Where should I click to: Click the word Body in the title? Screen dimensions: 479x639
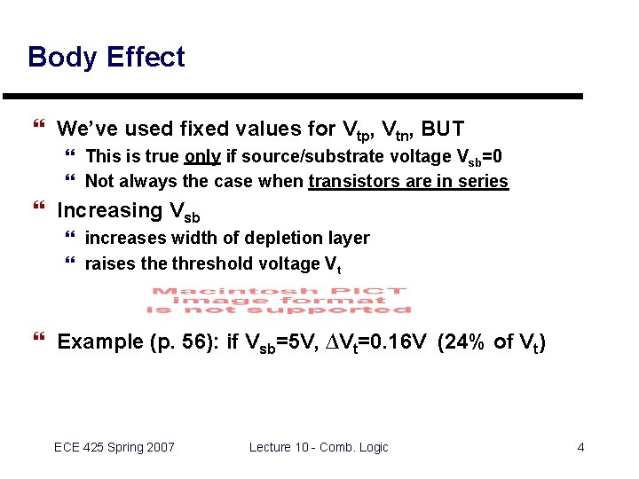[x=62, y=58]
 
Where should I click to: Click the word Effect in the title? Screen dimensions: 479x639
[x=146, y=58]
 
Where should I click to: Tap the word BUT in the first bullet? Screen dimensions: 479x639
[x=443, y=129]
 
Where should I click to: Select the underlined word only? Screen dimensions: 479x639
[x=202, y=157]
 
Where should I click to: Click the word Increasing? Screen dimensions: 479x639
[x=109, y=211]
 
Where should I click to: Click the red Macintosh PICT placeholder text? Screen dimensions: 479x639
[x=279, y=300]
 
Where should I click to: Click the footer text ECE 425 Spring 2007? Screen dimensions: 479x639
[x=114, y=447]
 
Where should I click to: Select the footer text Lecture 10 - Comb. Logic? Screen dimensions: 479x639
[x=319, y=447]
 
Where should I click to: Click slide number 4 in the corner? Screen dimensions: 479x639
[x=580, y=447]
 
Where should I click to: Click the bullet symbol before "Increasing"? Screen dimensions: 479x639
[x=37, y=210]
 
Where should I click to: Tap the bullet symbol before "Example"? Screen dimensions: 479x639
[x=37, y=342]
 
